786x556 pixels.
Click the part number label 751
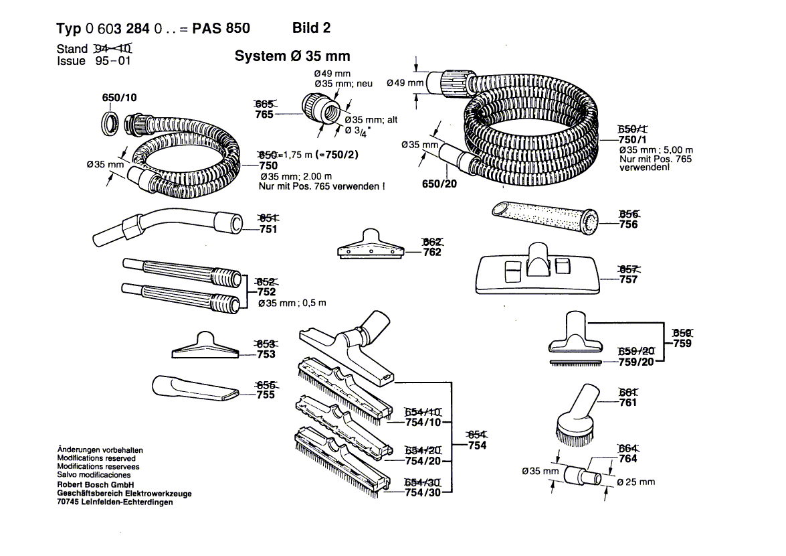[x=268, y=229]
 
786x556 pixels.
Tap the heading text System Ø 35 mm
[x=292, y=56]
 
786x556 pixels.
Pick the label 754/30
[x=423, y=493]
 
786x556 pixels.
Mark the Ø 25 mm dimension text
[x=635, y=482]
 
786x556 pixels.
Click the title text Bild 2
[x=311, y=27]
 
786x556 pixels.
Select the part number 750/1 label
[x=632, y=139]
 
